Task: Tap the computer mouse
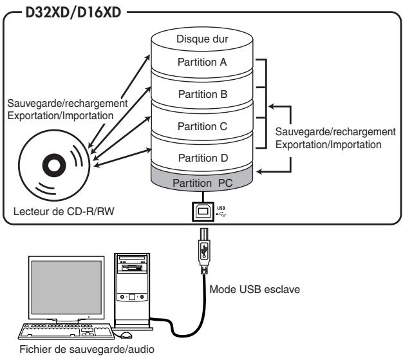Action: (126, 336)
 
